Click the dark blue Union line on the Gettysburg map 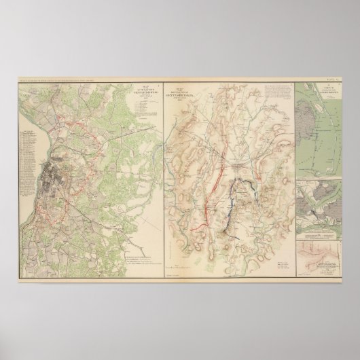coord(239,198)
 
